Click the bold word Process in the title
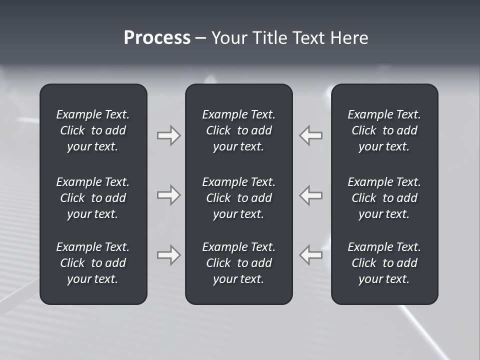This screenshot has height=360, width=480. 157,38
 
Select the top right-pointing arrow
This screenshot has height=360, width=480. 168,135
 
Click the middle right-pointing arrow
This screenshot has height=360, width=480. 168,195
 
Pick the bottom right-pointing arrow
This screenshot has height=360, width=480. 168,255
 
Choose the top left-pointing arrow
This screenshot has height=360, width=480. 310,135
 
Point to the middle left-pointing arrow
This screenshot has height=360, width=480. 310,195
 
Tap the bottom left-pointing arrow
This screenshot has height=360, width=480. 310,255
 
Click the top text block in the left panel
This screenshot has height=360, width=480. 93,130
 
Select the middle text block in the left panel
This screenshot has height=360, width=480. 93,198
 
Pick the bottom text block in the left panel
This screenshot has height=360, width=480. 93,263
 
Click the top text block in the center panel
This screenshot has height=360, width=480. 239,130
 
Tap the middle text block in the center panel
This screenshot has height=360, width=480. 239,198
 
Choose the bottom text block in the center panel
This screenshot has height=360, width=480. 239,263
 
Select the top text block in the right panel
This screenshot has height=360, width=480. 384,130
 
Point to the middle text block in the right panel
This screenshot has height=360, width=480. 384,198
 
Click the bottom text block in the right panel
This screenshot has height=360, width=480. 384,263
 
